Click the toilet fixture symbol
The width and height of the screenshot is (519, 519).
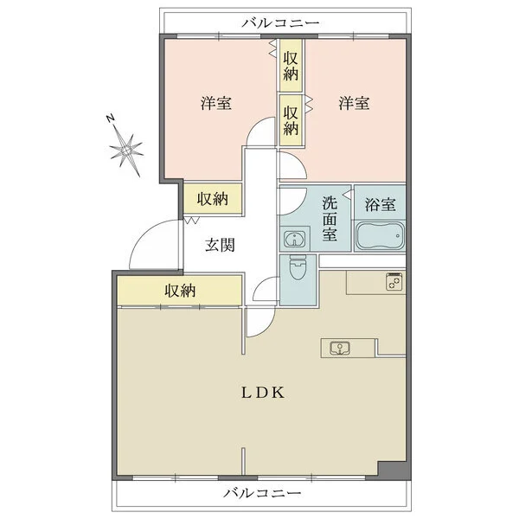point(298,267)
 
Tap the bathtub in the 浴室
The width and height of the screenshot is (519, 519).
point(380,236)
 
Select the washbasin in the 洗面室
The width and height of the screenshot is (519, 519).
point(295,239)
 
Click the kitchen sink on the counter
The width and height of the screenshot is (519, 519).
point(340,348)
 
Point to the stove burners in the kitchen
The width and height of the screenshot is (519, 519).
point(394,281)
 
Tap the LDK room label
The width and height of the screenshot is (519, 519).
point(263,393)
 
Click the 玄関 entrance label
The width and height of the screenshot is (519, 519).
point(220,246)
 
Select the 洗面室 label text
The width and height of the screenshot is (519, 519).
point(330,219)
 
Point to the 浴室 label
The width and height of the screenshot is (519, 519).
point(380,205)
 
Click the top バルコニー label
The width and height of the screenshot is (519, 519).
point(280,22)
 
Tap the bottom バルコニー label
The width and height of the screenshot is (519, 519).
point(262,493)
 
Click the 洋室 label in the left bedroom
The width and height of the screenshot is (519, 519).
point(215,103)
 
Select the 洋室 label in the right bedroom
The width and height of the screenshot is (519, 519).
point(354,103)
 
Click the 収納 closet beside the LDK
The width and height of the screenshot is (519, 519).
point(180,291)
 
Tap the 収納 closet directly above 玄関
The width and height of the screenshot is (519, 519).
point(213,199)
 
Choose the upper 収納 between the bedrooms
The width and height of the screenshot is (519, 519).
point(291,66)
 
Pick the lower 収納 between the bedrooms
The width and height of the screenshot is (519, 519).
point(291,120)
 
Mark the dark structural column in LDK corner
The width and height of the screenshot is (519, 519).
point(392,470)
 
